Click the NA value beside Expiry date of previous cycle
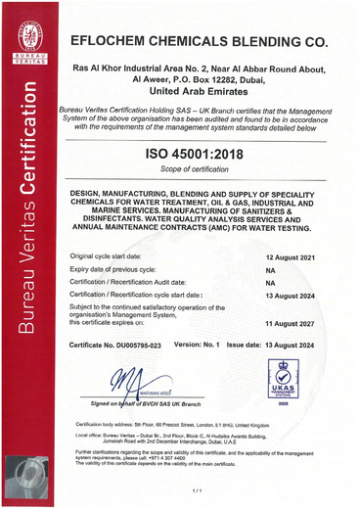pos(270,267)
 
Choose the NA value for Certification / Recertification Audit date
pos(270,280)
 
